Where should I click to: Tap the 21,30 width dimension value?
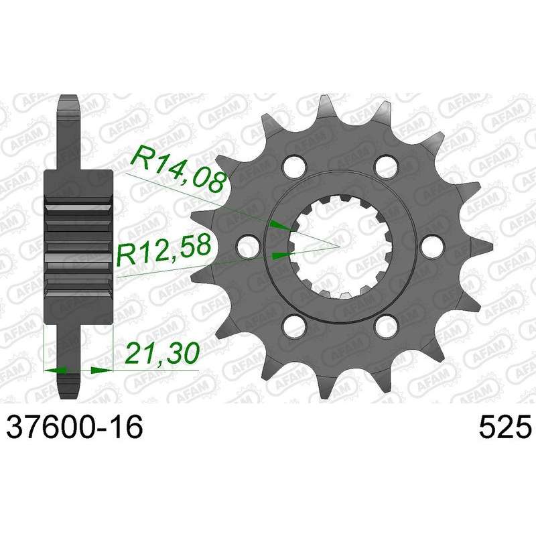click(x=162, y=352)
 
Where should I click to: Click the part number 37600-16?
click(x=74, y=427)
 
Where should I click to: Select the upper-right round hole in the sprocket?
click(x=387, y=165)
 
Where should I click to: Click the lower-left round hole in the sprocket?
click(x=294, y=326)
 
